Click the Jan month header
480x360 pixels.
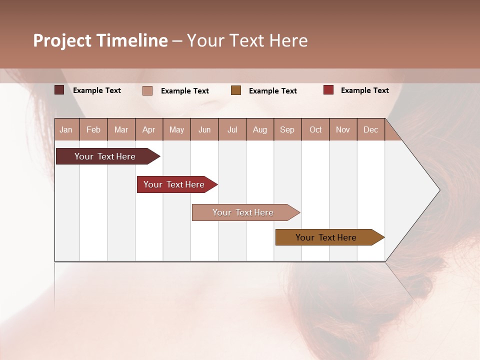tap(66, 129)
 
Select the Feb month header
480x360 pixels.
tap(93, 129)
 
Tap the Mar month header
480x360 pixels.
tap(121, 129)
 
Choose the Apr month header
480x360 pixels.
tap(149, 129)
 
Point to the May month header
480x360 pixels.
tap(176, 129)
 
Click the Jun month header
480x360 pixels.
tap(204, 129)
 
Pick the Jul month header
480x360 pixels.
tap(232, 129)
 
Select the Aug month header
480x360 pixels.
tap(260, 129)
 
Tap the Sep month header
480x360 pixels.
tap(287, 129)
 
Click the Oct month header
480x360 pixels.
tap(315, 129)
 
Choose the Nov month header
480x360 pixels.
tap(343, 129)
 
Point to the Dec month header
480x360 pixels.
tap(370, 129)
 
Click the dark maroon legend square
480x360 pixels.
tap(59, 90)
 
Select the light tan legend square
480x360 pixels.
tap(147, 90)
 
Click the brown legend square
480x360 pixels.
tap(236, 90)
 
